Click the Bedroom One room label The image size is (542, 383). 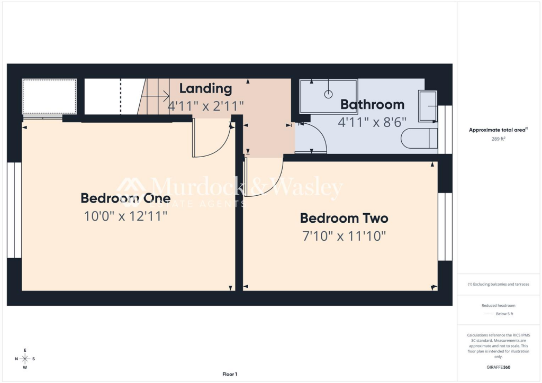(x=125, y=198)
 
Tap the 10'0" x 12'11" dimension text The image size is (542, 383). (x=125, y=216)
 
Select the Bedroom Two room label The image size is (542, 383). (x=344, y=218)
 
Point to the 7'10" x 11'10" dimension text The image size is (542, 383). (x=344, y=236)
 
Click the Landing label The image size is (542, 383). (x=205, y=88)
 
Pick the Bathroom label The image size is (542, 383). (x=372, y=104)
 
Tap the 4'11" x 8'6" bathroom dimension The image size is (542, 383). (x=372, y=121)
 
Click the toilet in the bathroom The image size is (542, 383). (x=419, y=139)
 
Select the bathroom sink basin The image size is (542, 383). (x=428, y=107)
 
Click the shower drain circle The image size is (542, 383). (x=328, y=94)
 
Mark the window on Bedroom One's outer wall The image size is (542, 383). (x=14, y=210)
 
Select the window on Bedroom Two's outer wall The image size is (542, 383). (x=445, y=227)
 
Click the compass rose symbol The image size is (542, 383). (x=25, y=359)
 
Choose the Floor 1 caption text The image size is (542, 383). (x=230, y=375)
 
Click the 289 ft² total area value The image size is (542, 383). (x=498, y=139)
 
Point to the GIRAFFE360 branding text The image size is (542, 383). (x=498, y=367)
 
